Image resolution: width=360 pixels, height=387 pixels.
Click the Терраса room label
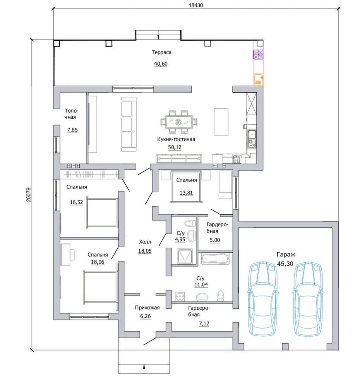(161, 52)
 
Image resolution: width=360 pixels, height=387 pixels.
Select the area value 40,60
(161, 64)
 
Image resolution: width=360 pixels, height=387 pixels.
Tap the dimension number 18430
(196, 5)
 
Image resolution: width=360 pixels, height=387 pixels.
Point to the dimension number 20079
(29, 195)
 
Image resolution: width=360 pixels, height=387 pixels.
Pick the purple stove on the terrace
(258, 55)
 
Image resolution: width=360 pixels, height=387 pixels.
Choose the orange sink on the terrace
(258, 79)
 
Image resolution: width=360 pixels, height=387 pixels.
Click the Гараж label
(286, 255)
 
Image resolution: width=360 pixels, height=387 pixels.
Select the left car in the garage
(262, 298)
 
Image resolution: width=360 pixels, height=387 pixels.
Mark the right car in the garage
(309, 298)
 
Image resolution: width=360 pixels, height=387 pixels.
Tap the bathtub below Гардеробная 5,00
(216, 259)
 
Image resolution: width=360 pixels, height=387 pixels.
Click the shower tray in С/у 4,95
(184, 256)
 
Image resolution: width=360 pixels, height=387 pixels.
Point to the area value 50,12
(175, 147)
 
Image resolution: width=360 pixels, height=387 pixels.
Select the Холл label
(145, 242)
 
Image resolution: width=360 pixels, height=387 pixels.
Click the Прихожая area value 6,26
(146, 316)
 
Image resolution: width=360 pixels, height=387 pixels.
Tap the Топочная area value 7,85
(72, 130)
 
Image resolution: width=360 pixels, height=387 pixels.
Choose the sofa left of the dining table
(129, 124)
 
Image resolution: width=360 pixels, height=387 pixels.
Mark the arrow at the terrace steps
(158, 34)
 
